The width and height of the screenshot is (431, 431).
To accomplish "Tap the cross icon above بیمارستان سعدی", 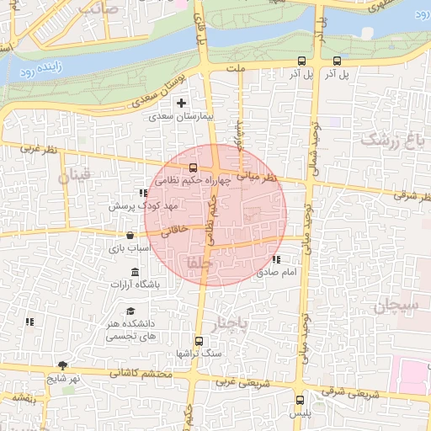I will coord(181,103).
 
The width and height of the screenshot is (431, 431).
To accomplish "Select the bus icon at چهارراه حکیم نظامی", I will coord(194,168).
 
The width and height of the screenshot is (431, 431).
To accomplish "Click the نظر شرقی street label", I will coord(413,196).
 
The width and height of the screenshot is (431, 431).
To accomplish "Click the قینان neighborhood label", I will coord(73,178).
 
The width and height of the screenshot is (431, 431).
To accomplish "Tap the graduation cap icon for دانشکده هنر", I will coord(130,311).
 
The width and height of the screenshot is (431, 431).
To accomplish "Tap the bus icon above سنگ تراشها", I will coord(199,341).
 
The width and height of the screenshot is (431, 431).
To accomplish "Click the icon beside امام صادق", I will coord(276,259).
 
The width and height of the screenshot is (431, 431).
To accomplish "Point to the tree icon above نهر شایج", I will coord(61,365).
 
